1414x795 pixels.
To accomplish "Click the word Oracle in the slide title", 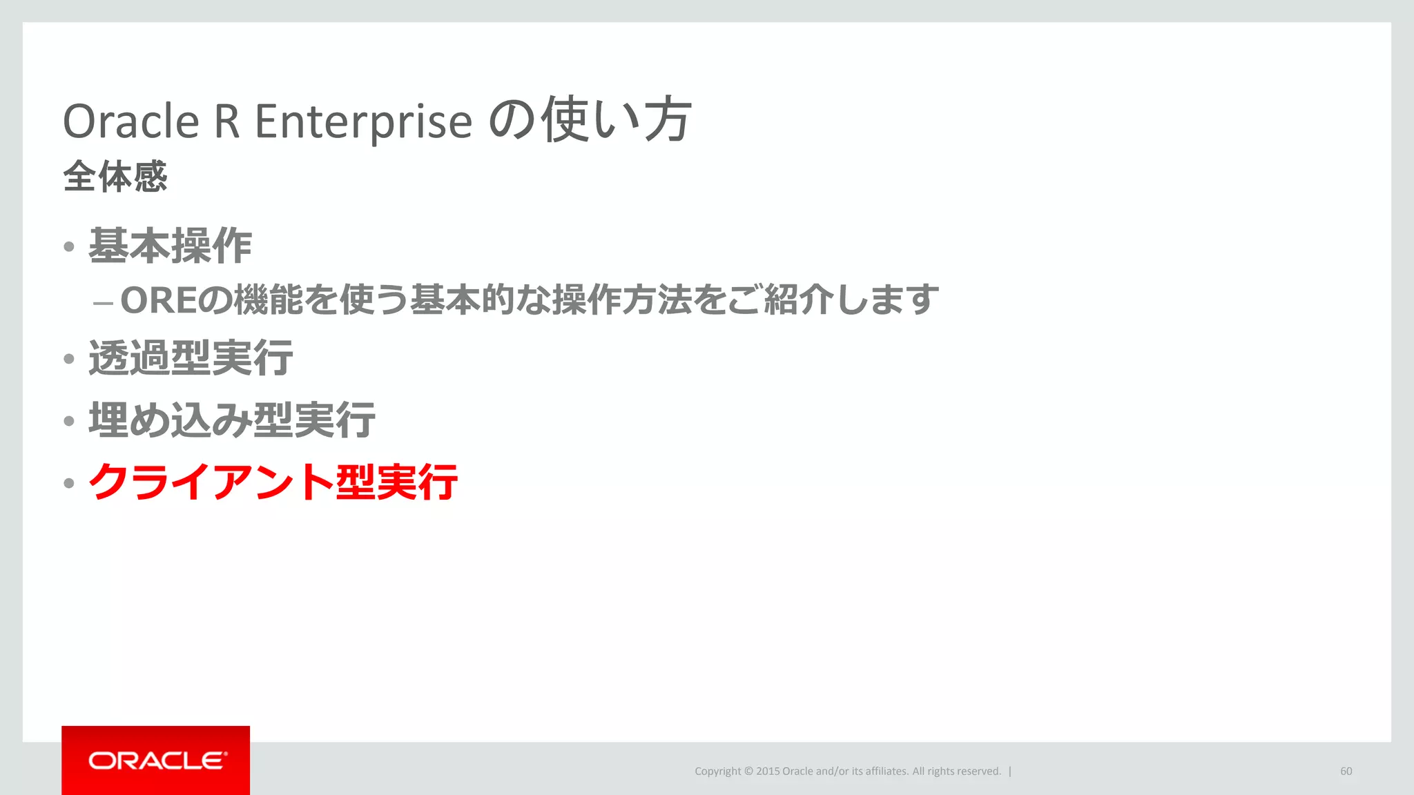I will [131, 121].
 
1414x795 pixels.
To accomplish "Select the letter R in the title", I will [227, 121].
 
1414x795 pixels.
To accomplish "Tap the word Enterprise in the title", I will [363, 121].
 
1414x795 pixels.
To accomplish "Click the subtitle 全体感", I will [115, 176].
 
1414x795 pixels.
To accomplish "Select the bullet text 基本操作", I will [170, 246].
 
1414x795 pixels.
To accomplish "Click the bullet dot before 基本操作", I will [68, 247].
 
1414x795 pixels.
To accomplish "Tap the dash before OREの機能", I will [103, 303].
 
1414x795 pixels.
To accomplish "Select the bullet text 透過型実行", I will [191, 358].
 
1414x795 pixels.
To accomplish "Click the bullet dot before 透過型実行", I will [68, 359].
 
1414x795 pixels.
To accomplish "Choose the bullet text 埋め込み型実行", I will [232, 420].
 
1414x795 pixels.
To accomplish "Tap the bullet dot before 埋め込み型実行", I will [68, 421].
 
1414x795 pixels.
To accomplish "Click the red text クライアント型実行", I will [273, 481].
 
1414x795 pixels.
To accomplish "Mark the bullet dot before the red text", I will [68, 483].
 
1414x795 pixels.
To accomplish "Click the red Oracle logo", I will [156, 760].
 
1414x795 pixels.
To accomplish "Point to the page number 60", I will [1346, 772].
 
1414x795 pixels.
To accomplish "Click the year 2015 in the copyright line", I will [768, 772].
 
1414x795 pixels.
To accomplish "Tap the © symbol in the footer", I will [748, 772].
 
